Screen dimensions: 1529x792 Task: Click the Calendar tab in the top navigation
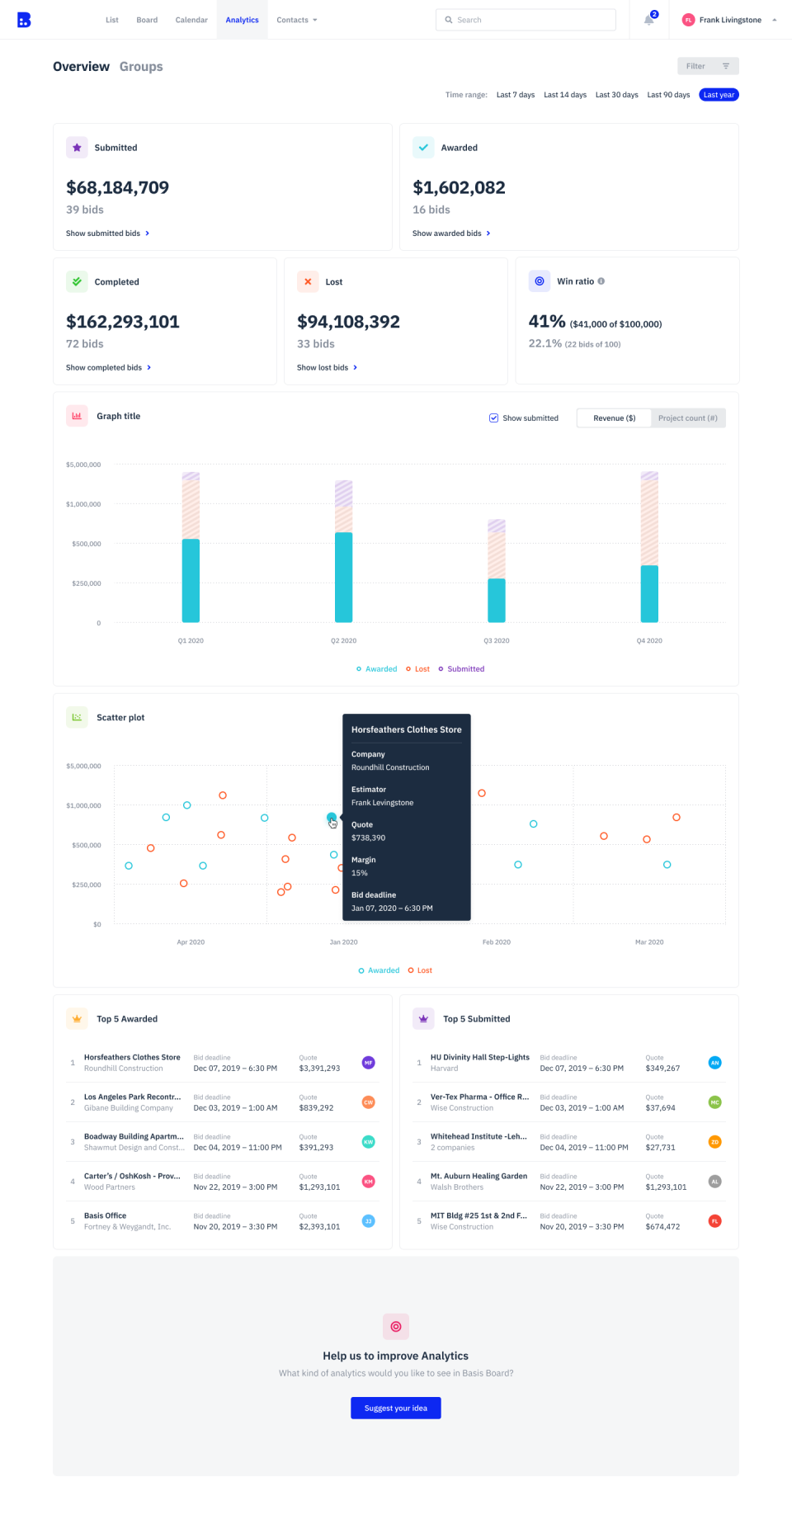(191, 20)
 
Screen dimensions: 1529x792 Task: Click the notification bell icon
(649, 20)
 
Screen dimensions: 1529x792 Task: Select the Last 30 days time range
(616, 95)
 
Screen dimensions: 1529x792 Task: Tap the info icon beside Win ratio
(601, 281)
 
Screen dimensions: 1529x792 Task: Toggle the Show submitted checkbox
(493, 418)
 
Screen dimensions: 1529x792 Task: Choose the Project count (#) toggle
(687, 418)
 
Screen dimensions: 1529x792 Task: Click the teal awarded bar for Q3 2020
(497, 601)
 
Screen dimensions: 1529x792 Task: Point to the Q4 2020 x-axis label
(649, 641)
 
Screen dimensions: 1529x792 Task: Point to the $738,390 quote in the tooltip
(368, 838)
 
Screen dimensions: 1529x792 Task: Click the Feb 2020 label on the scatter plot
(497, 942)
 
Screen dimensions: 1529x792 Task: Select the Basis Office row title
(105, 1216)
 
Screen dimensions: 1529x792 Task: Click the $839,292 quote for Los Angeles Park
(316, 1108)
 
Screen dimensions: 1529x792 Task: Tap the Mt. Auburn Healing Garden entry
(478, 1177)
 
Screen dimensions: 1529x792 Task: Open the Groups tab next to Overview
(141, 67)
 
